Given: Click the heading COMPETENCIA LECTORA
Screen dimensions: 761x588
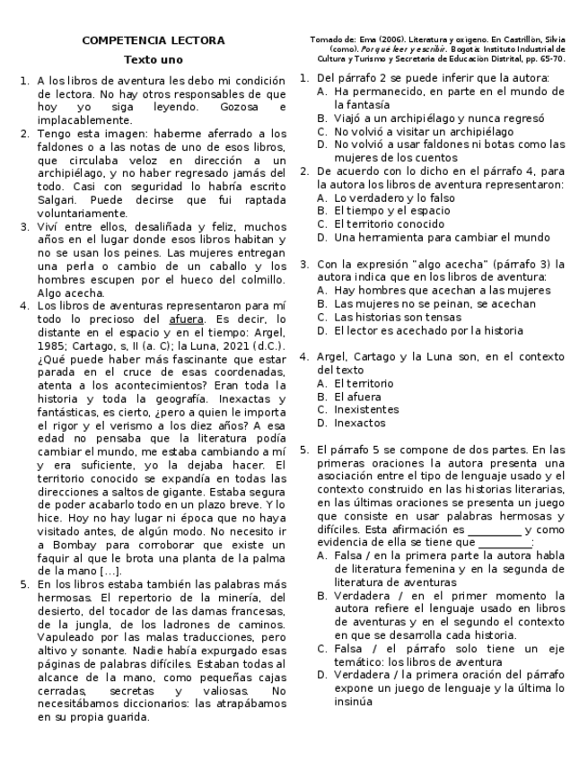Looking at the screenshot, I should point(154,41).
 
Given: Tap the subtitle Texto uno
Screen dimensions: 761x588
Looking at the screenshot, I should point(154,60).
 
